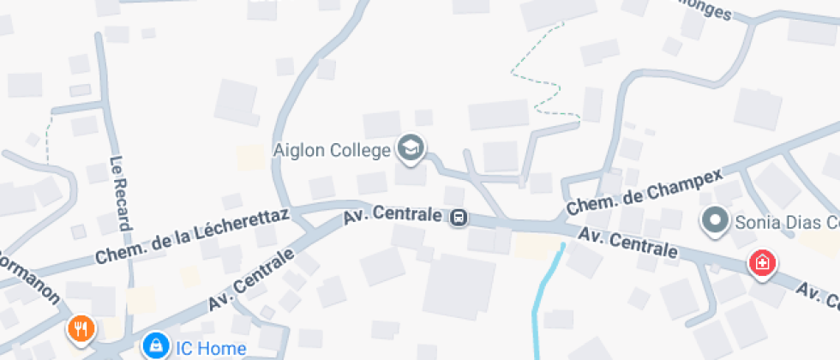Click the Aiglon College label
(332, 150)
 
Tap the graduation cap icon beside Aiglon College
(411, 148)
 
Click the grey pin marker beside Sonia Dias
(714, 222)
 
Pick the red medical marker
(761, 263)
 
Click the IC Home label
(210, 348)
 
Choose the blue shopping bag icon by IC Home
(155, 346)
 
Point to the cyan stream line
(544, 296)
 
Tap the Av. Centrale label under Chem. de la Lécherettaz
(252, 279)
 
